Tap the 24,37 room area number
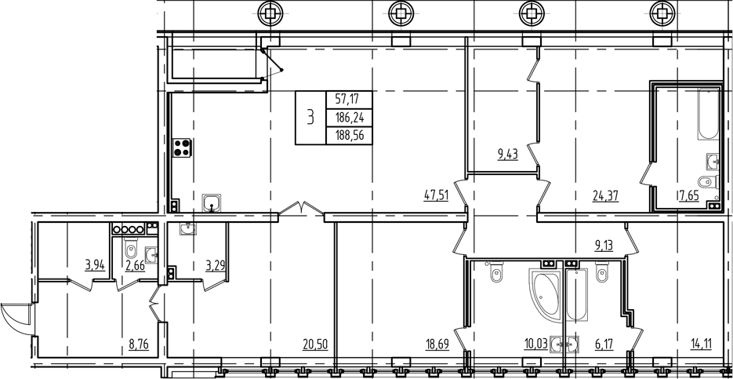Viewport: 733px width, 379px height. coord(605,196)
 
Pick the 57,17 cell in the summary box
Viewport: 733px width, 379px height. coord(349,100)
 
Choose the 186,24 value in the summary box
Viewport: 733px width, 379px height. coord(349,118)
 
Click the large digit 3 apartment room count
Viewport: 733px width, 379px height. coord(310,118)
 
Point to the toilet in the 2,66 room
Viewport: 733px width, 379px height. coord(132,252)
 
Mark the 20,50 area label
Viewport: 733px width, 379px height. coord(317,344)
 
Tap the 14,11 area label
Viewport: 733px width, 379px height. coord(703,344)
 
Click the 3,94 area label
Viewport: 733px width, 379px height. coord(95,264)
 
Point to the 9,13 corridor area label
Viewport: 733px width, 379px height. coord(604,244)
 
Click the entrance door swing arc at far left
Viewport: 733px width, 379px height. coord(15,317)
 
